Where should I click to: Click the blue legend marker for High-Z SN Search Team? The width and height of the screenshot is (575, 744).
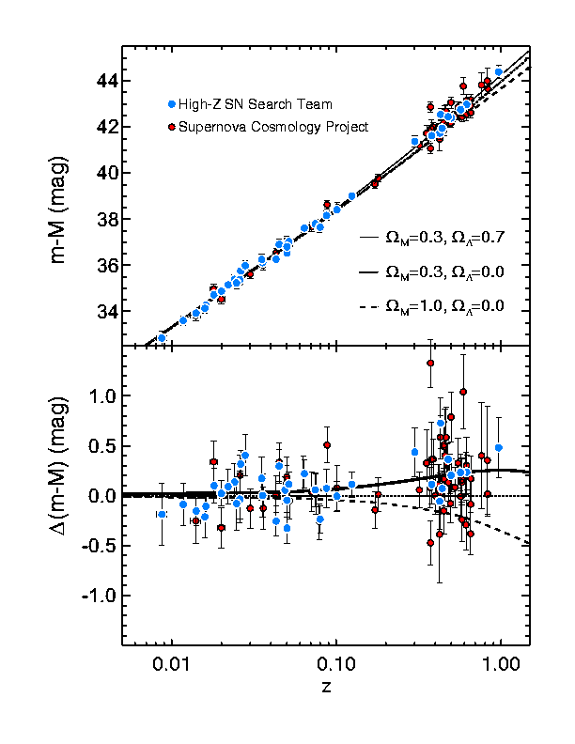click(171, 103)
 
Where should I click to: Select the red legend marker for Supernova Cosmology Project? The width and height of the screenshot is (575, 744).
click(171, 126)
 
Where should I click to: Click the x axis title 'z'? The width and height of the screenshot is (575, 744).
click(325, 687)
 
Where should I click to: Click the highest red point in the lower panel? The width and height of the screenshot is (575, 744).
click(430, 363)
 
